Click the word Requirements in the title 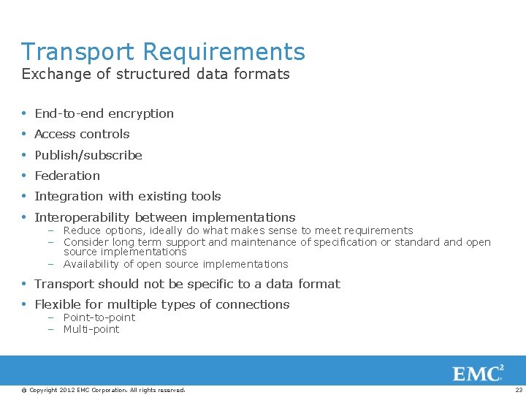click(x=224, y=52)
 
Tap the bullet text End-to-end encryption click(x=104, y=113)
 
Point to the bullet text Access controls click(x=82, y=134)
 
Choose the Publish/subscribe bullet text click(x=88, y=155)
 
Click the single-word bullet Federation click(x=67, y=176)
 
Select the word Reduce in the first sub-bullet click(x=81, y=230)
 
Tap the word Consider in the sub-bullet click(x=85, y=242)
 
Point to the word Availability click(x=91, y=264)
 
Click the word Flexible click(x=57, y=304)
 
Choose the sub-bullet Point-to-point click(x=99, y=317)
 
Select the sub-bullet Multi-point click(x=91, y=329)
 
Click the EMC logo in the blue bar click(x=478, y=374)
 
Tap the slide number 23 click(x=519, y=390)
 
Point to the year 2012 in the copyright click(x=67, y=390)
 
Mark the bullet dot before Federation click(x=25, y=176)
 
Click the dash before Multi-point click(x=52, y=329)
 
